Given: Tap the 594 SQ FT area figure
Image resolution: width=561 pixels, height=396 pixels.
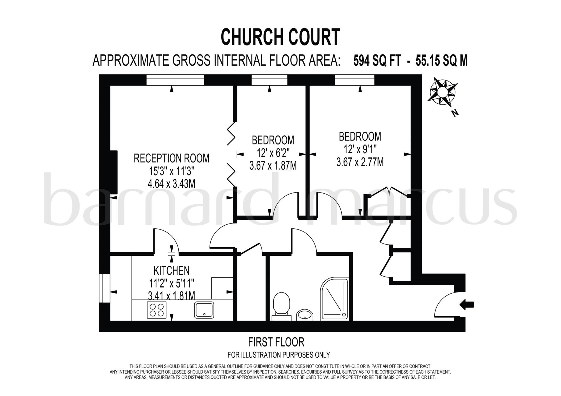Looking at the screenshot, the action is click(377, 61).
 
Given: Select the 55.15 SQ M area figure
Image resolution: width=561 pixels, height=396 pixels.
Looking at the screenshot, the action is click(442, 61).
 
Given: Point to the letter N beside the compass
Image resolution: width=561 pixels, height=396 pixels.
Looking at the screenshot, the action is click(455, 113).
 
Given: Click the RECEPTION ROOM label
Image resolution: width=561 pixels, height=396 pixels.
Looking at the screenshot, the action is click(171, 158).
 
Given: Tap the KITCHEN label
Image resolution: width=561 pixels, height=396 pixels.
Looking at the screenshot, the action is click(171, 271).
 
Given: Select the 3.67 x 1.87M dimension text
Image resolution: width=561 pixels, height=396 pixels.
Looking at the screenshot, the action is click(273, 166).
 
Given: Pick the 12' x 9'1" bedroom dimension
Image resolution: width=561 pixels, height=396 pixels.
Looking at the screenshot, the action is click(360, 149).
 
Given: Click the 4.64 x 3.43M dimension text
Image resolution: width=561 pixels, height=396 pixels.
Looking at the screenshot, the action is click(171, 184).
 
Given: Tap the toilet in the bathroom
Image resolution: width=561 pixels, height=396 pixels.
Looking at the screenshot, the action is click(282, 306).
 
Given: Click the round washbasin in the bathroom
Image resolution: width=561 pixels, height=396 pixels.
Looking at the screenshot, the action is click(305, 315).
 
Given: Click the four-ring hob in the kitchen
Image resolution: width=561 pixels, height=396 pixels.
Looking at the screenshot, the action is click(156, 310).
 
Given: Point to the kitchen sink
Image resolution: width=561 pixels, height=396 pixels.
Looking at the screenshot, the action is click(204, 310).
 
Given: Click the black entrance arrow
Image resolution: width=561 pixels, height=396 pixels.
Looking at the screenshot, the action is click(466, 305).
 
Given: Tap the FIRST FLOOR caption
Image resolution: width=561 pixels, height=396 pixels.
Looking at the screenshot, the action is click(276, 342).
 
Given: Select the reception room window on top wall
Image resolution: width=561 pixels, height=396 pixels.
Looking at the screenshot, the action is click(175, 80).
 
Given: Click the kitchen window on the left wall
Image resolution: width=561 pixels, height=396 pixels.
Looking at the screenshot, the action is click(104, 288).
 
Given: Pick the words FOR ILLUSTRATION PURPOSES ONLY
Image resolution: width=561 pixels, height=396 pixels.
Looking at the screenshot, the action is click(279, 355).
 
